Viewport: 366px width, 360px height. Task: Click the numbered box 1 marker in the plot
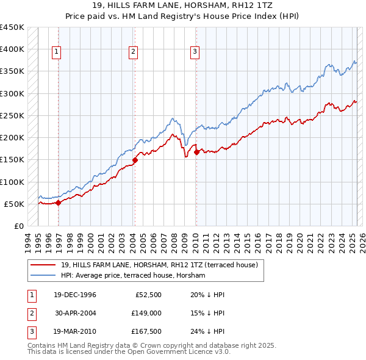[56, 52]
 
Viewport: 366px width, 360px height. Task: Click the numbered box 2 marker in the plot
[132, 52]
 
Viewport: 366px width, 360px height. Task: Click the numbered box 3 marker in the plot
[195, 52]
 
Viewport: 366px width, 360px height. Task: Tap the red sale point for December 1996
[58, 203]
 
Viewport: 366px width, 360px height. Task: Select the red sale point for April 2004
[135, 160]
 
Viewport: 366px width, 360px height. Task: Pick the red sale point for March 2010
[196, 153]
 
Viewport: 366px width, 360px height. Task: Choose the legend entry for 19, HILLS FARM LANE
[159, 265]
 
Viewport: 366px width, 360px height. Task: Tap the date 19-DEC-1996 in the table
[75, 295]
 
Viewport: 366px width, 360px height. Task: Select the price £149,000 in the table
[146, 314]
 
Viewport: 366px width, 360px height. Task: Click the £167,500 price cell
[146, 333]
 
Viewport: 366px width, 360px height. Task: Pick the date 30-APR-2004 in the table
[75, 314]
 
